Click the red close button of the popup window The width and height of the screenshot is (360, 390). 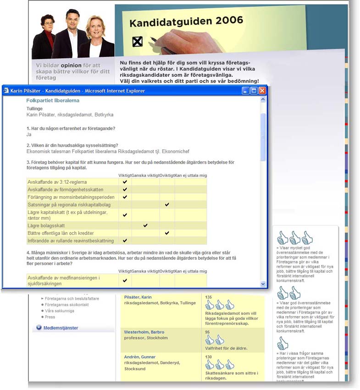(x=262, y=91)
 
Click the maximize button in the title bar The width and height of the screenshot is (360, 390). (x=254, y=91)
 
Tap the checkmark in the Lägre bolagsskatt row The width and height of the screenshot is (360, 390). (x=145, y=225)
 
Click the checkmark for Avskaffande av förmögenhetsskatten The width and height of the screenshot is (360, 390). (x=125, y=189)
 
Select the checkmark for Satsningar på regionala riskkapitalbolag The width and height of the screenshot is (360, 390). (x=167, y=204)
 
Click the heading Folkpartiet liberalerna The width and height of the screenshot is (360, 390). (x=53, y=100)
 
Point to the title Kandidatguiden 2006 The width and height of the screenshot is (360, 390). (x=186, y=22)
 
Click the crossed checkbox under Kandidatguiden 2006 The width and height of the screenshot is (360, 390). (x=137, y=42)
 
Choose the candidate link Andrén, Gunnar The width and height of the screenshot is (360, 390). (x=140, y=357)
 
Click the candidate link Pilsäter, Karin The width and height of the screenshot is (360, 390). (x=138, y=297)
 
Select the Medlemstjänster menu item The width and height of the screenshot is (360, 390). (x=61, y=328)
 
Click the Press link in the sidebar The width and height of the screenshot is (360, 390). (x=50, y=317)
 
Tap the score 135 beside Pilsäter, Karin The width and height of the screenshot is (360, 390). (x=209, y=297)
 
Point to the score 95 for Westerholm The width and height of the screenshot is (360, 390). (x=208, y=332)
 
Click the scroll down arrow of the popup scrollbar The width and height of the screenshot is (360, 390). (x=263, y=284)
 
